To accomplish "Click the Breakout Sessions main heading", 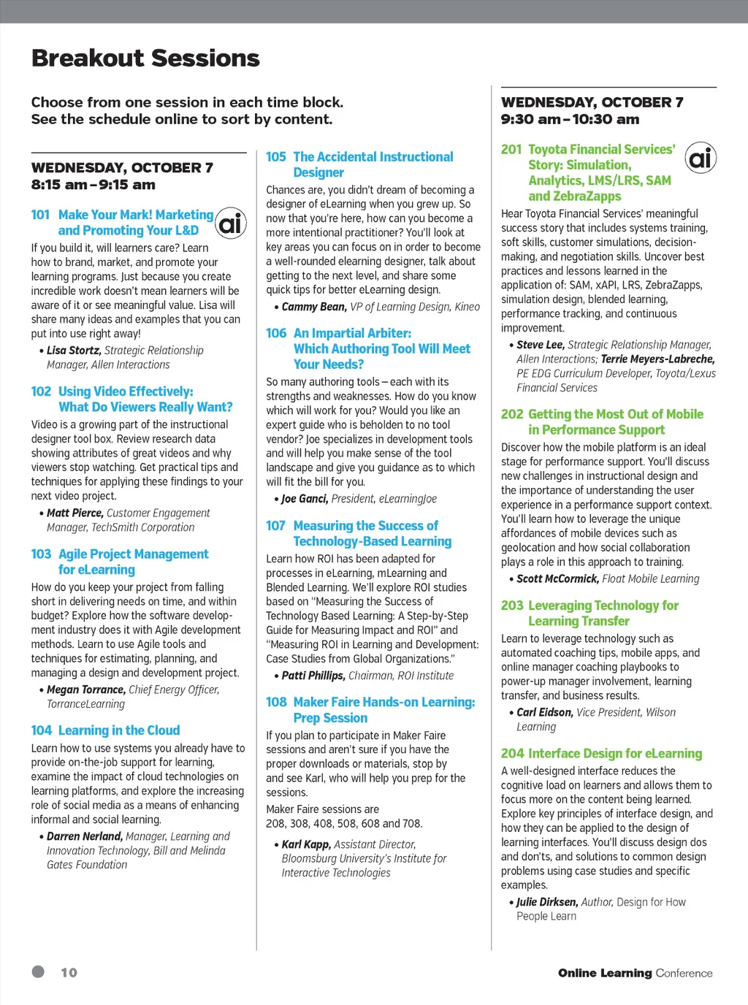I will pos(145,58).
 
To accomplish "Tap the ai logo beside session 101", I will pos(231,223).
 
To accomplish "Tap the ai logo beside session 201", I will pos(701,157).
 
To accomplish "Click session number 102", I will pos(41,391).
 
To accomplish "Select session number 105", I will pos(276,157).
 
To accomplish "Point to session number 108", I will pos(276,702).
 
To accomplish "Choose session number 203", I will pos(512,605).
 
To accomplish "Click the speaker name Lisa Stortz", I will pos(74,351).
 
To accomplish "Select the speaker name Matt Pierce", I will pos(75,513).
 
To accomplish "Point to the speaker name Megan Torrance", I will pos(85,689).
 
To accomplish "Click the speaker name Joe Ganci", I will pos(305,499).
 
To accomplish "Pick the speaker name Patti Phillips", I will pos(313,676).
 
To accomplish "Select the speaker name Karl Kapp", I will pos(306,844).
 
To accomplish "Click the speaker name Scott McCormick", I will pos(557,579).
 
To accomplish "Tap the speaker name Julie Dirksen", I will pos(547,902).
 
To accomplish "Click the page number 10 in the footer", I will pos(69,973).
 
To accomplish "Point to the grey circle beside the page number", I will pos(38,971).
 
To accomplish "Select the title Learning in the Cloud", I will pos(119,730).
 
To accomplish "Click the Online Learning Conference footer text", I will pos(635,973).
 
